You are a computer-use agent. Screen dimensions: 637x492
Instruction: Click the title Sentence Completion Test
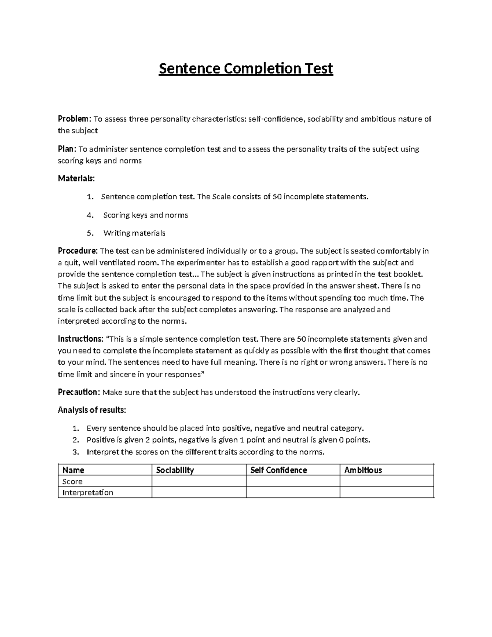tap(246, 68)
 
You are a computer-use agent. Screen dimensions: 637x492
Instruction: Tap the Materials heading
tap(76, 178)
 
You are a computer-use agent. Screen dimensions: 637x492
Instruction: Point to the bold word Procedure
tap(77, 251)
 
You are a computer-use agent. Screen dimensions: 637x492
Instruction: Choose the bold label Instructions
tap(80, 339)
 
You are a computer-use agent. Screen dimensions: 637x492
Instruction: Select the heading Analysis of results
tap(92, 410)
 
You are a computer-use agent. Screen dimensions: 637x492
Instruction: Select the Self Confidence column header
tap(278, 470)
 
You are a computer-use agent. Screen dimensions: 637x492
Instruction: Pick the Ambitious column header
tap(363, 470)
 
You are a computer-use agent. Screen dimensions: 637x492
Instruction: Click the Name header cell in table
tap(73, 470)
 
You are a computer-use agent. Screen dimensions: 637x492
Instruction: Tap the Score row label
tap(72, 482)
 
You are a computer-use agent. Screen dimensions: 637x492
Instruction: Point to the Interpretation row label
tap(87, 493)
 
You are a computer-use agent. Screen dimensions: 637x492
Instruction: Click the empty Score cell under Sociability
tap(199, 482)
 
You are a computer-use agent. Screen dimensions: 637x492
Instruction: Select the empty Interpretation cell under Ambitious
tap(387, 493)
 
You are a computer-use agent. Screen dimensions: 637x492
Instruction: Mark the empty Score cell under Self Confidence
tap(293, 482)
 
